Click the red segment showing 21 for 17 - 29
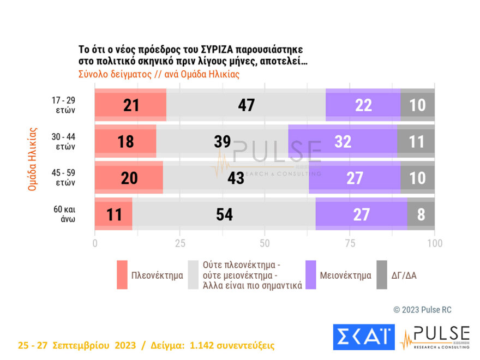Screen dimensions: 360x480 pyautogui.click(x=130, y=105)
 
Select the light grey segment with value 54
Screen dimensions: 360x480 pyautogui.click(x=224, y=214)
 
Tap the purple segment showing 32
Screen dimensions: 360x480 pyautogui.click(x=343, y=141)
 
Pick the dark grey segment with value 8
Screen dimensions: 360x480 pyautogui.click(x=421, y=214)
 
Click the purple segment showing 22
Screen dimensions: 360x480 pyautogui.click(x=363, y=105)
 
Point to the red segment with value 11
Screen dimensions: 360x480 pyautogui.click(x=113, y=214)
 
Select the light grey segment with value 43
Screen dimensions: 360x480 pyautogui.click(x=236, y=178)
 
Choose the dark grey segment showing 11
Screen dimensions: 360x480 pyautogui.click(x=416, y=141)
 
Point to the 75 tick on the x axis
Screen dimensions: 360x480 pyautogui.click(x=350, y=243)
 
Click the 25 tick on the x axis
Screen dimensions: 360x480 pyautogui.click(x=180, y=243)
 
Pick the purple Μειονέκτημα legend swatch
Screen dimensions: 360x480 pyautogui.click(x=311, y=274)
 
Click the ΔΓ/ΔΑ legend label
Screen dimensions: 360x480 pyautogui.click(x=404, y=275)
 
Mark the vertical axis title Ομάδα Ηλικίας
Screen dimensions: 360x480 pyautogui.click(x=32, y=159)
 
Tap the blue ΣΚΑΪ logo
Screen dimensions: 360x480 pyautogui.click(x=363, y=337)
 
